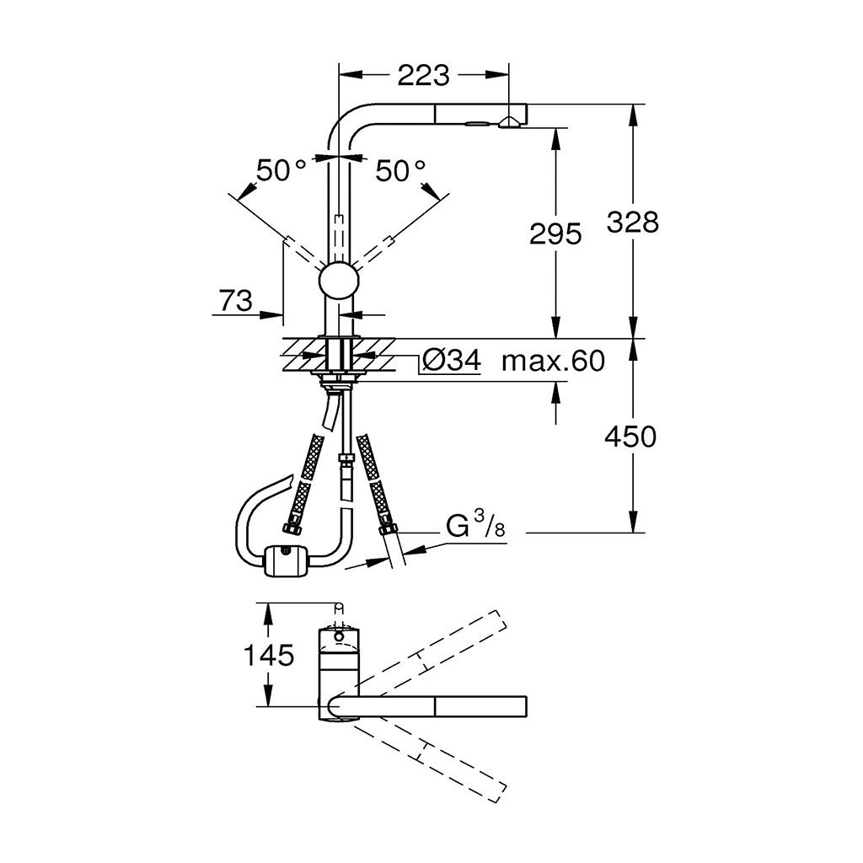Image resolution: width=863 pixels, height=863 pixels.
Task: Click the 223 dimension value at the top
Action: pos(423,75)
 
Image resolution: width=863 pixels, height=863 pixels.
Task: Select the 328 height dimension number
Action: pos(632,222)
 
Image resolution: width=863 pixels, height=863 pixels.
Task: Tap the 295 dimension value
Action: pos(555,234)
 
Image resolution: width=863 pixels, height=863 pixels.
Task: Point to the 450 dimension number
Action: pos(630,437)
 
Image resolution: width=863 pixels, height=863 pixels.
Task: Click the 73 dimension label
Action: pos(236,301)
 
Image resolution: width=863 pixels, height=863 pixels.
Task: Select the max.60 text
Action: pos(553,361)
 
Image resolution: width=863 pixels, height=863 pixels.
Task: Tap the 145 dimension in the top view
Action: pos(269,656)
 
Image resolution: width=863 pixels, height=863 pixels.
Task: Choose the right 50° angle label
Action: pos(400,170)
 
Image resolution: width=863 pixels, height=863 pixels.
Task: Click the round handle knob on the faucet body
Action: pos(339,281)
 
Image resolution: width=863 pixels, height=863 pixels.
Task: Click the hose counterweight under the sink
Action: pos(287,560)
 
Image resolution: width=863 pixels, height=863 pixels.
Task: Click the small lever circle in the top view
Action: pos(339,637)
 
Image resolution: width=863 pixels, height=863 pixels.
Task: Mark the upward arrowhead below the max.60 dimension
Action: pos(555,391)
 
